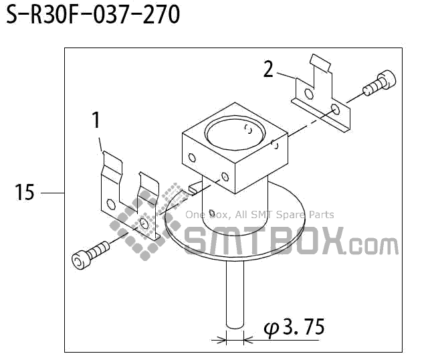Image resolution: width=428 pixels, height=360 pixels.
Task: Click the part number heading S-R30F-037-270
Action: point(93,15)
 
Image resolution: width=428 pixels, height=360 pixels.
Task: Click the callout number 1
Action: point(96,120)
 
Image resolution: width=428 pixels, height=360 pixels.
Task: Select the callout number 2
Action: point(268,69)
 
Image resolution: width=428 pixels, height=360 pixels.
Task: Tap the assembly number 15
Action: point(25,193)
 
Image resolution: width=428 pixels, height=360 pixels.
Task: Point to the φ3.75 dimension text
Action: point(294,328)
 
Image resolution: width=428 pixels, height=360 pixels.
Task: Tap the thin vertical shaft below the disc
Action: point(235,294)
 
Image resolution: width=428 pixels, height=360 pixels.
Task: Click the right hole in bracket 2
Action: point(336,109)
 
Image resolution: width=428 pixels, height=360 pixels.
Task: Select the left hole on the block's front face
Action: point(193,159)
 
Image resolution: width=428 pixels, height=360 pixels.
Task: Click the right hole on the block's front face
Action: point(224,178)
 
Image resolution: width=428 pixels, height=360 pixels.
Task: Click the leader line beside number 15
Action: point(51,193)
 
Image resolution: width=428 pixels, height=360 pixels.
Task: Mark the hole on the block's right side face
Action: point(274,143)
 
